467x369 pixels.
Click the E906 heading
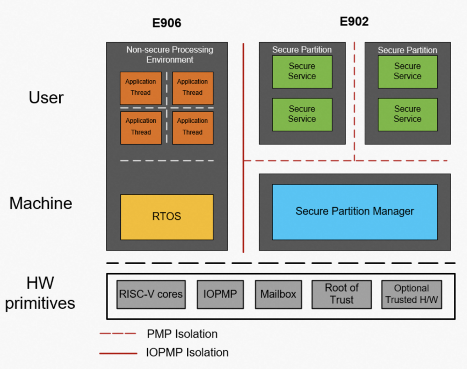[x=166, y=23]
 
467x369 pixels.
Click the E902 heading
[x=354, y=21]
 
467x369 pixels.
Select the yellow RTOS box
[x=166, y=217]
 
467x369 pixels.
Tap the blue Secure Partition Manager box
[x=354, y=212]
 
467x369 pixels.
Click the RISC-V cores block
[x=151, y=294]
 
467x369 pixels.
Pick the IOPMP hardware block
[x=220, y=294]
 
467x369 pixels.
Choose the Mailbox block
[x=278, y=294]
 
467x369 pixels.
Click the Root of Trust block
[x=342, y=294]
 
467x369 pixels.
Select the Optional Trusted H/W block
[x=411, y=294]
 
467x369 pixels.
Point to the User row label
[x=46, y=98]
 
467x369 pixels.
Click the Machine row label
[x=41, y=203]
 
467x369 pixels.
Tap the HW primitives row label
[x=40, y=294]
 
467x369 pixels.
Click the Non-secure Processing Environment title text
[x=170, y=54]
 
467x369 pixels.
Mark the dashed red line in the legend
[x=118, y=334]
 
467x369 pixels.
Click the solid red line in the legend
[x=118, y=353]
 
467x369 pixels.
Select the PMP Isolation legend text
[x=182, y=334]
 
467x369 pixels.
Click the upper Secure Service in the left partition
[x=302, y=72]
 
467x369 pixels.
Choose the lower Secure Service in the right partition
[x=407, y=114]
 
